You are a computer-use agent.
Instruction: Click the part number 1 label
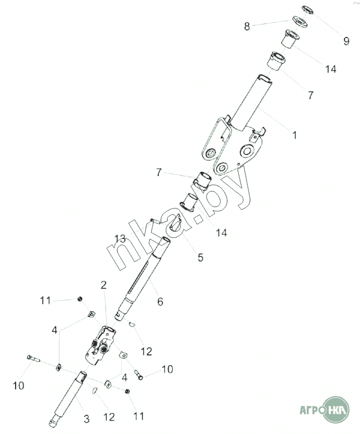pyautogui.click(x=294, y=135)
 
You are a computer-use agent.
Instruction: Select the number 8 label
pyautogui.click(x=247, y=26)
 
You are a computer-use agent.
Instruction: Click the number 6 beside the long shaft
pyautogui.click(x=160, y=301)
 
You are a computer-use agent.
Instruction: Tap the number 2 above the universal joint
pyautogui.click(x=104, y=285)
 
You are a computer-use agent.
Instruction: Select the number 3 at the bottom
pyautogui.click(x=86, y=418)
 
